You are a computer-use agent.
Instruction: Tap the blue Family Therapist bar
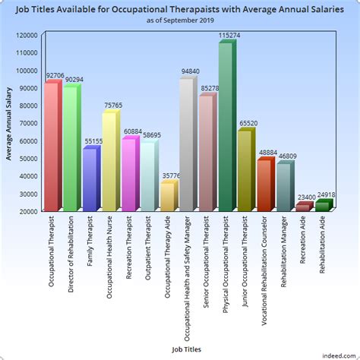90,179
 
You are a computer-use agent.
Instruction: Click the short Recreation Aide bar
303,206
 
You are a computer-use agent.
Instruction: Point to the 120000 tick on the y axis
27,36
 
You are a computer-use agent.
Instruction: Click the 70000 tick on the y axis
29,123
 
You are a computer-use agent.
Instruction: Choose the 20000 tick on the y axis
29,211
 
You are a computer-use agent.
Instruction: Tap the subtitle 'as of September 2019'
180,21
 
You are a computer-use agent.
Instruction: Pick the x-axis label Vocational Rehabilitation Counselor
264,270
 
